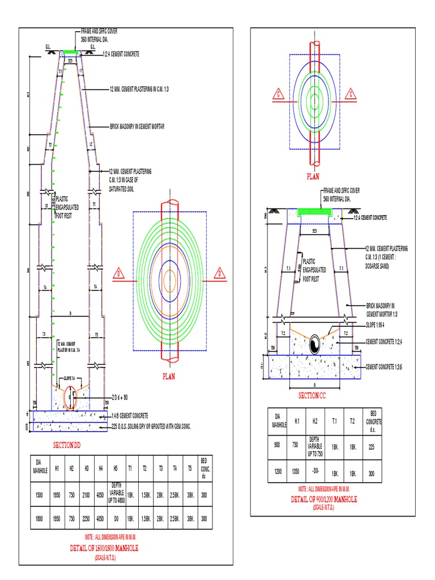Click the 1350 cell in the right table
pyautogui.click(x=297, y=472)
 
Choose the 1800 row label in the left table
pyautogui.click(x=39, y=518)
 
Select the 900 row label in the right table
pyautogui.click(x=277, y=446)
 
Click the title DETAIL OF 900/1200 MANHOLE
pyautogui.click(x=323, y=499)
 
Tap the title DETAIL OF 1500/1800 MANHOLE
pyautogui.click(x=104, y=548)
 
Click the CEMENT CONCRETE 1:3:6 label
pyautogui.click(x=389, y=366)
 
